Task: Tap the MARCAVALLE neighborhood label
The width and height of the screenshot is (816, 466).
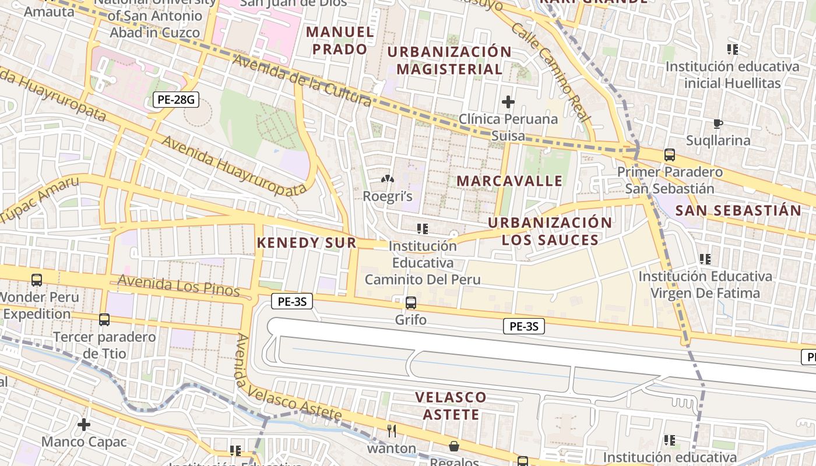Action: tap(509, 181)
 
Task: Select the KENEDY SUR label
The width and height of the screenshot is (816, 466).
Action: tap(307, 243)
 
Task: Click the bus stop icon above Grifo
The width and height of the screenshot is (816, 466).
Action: tap(411, 303)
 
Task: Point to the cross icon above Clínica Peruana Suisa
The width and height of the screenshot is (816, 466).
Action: tap(508, 102)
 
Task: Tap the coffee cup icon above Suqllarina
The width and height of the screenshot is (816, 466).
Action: tap(718, 123)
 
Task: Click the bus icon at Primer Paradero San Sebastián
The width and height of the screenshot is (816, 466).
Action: tap(670, 155)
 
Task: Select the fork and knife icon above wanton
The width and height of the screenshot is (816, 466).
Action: tap(392, 431)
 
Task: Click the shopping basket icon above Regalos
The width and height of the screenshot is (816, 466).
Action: tap(454, 446)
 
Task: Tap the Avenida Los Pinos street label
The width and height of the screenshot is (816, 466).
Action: tap(178, 285)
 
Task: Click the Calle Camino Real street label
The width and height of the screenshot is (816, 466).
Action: tap(550, 72)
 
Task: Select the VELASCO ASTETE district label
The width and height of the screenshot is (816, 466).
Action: tap(451, 406)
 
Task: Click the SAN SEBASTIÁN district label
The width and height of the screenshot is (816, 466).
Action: tap(738, 210)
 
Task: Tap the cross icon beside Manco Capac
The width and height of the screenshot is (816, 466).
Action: tap(84, 425)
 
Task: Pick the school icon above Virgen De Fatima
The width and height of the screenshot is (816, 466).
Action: tap(705, 259)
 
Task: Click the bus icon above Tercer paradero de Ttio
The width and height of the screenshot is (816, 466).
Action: tap(104, 320)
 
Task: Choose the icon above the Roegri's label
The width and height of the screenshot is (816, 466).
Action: tap(388, 179)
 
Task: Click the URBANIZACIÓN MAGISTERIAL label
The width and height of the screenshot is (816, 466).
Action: tap(449, 60)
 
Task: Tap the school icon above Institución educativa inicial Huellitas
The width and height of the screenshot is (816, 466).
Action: tap(733, 50)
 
